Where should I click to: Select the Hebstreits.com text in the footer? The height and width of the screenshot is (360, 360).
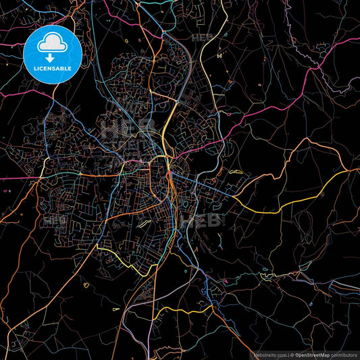click(x=269, y=354)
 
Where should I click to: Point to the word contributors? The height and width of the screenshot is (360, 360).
click(x=342, y=354)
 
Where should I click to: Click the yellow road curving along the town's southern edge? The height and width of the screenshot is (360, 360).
click(x=128, y=260)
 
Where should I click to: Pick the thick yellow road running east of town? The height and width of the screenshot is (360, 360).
click(x=284, y=203)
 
